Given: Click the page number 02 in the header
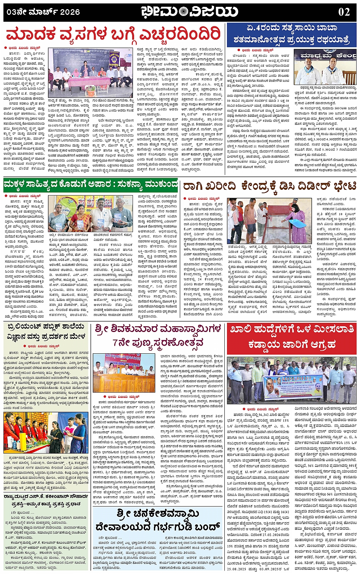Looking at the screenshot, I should coord(344,12).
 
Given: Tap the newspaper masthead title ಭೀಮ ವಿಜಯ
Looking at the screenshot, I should coord(189,12).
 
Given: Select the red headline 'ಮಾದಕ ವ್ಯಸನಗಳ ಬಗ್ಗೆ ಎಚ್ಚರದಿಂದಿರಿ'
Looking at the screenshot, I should coord(114,35).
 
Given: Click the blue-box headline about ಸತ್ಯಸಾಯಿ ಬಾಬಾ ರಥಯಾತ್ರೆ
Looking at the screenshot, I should coord(291,34).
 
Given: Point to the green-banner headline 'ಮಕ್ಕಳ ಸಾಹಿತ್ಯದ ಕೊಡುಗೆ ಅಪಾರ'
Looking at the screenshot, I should coord(91,185).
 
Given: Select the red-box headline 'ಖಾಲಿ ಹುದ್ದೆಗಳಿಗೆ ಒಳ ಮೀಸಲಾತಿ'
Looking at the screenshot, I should coord(291,337).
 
